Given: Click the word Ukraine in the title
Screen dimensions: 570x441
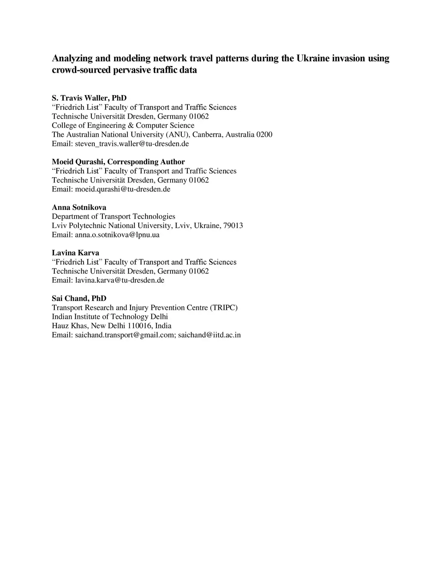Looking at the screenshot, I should coord(313,59).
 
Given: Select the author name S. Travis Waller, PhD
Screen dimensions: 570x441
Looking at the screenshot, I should coord(89,98).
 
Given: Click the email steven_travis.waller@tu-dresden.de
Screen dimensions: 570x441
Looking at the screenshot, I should coord(132,144).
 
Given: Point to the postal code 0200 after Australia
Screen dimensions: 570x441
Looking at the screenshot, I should coord(264,135).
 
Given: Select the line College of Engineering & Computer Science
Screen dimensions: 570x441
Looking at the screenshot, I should coord(123,126).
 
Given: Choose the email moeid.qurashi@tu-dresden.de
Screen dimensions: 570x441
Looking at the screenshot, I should coord(123,189).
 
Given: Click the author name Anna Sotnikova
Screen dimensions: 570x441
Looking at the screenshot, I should coord(79,207).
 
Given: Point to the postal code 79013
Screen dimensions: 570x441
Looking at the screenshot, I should coord(233,225).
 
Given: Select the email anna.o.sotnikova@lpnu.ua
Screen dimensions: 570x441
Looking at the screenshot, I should coord(117,235).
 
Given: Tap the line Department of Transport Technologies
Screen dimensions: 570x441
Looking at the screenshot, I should coord(114,216).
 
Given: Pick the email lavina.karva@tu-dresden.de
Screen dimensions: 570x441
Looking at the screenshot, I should coord(120,280).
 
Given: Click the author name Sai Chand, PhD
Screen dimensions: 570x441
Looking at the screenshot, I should coord(79,299).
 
